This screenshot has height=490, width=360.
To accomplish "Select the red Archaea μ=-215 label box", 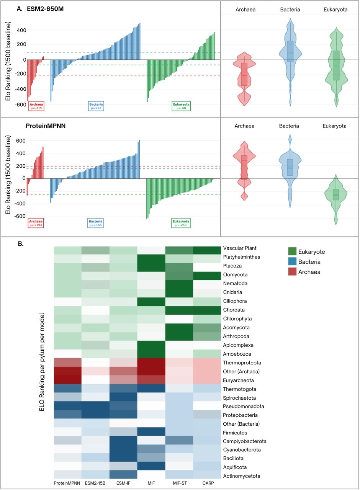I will [x=36, y=106].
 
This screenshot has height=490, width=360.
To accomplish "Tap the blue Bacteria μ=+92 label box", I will [x=96, y=106].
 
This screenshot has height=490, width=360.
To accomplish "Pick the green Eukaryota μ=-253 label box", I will [x=181, y=223].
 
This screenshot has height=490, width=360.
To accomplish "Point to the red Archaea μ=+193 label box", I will [x=36, y=223].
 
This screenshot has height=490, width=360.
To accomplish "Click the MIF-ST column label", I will [x=179, y=483].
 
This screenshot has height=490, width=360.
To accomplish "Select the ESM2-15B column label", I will [x=95, y=483].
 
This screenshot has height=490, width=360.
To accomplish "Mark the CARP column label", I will [x=207, y=483].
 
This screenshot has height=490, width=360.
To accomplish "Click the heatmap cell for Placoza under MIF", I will [x=152, y=266].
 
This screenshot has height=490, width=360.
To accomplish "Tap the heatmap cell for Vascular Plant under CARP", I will [x=207, y=250].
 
